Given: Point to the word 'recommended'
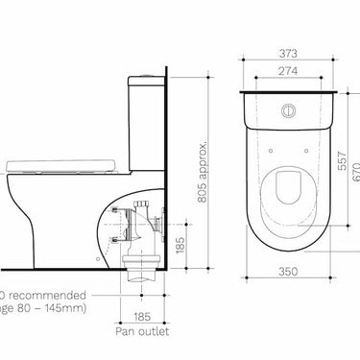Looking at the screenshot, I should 49,296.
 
